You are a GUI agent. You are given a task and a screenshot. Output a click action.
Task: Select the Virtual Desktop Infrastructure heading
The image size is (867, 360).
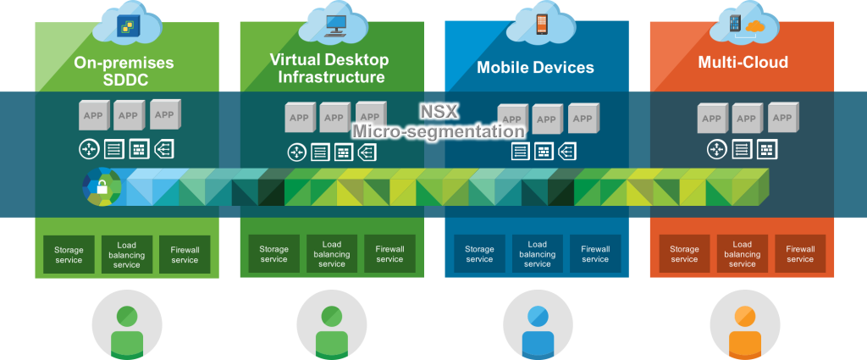[329, 69]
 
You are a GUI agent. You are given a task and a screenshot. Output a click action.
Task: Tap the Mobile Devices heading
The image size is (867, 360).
[535, 67]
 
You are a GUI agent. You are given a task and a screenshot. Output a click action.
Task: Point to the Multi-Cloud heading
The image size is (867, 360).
[743, 62]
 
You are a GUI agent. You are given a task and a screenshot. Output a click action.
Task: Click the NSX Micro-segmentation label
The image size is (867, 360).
[438, 122]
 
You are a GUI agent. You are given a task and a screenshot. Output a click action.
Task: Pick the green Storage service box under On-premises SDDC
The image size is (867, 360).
[69, 254]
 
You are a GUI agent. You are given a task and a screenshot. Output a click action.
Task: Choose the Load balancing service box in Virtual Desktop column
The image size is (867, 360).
[332, 254]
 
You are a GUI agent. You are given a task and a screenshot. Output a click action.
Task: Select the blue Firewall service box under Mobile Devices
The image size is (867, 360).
[594, 254]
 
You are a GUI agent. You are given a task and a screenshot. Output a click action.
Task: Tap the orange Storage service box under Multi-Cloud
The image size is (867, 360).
[684, 254]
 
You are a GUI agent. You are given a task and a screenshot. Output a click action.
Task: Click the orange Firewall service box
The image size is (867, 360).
[800, 254]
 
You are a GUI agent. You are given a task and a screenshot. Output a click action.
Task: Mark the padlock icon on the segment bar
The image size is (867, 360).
[102, 187]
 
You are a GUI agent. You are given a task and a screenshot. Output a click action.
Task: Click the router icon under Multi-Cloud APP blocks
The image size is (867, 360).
[717, 150]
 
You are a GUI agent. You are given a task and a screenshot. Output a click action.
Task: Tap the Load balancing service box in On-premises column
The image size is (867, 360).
[127, 254]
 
